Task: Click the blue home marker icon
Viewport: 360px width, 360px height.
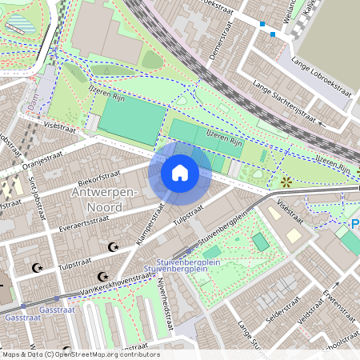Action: (180, 172)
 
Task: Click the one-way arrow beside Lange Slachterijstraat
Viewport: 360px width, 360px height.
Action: (320, 125)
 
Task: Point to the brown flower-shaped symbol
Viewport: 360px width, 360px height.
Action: (286, 182)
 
